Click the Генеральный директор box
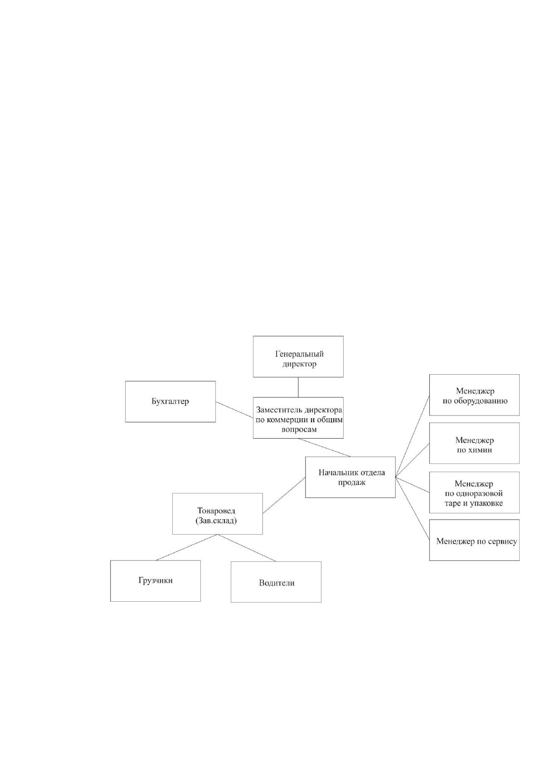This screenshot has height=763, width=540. coord(298,356)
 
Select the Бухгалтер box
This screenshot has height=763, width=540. coord(170,401)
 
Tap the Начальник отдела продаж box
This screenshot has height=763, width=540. coord(350,477)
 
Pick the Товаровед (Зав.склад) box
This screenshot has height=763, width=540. coord(218,514)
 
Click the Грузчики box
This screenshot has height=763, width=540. coord(156,581)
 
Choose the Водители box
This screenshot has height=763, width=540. coord(276,582)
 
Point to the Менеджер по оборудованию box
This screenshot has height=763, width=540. coord(474,395)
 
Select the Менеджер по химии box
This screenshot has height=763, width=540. coord(474,443)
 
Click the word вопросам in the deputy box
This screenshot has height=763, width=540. coord(299,430)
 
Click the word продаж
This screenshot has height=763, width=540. coord(351,483)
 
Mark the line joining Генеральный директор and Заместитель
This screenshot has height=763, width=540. coord(298,387)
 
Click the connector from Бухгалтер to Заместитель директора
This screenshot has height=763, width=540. coord(234,410)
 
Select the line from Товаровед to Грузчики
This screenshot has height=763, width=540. coord(186,547)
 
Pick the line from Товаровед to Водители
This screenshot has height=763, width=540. coord(247,548)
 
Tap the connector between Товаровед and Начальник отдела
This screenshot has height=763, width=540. coord(284,495)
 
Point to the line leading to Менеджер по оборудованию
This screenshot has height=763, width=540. coord(413,436)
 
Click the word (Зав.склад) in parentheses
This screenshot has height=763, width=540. coord(216,521)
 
